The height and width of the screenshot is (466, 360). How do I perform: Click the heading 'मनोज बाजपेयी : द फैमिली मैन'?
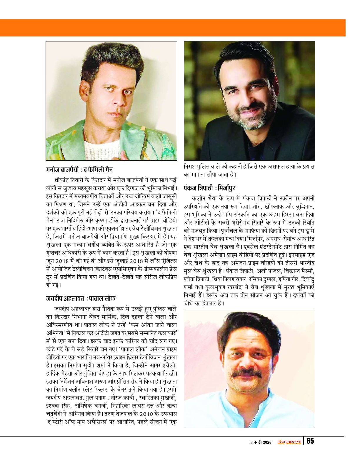click(79, 170)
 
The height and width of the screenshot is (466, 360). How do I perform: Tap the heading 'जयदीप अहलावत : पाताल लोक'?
click(80, 298)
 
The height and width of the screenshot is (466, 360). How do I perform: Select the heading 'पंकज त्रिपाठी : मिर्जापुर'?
click(209, 188)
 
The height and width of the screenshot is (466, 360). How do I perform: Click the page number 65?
click(310, 441)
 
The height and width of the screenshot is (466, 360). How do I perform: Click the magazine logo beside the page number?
click(289, 442)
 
